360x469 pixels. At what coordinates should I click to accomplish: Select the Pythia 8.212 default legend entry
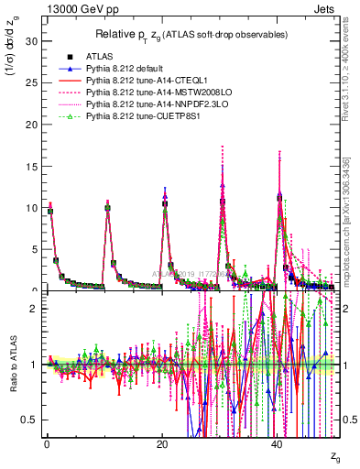click(x=124, y=68)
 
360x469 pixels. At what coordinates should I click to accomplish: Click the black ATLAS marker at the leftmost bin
click(x=50, y=211)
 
